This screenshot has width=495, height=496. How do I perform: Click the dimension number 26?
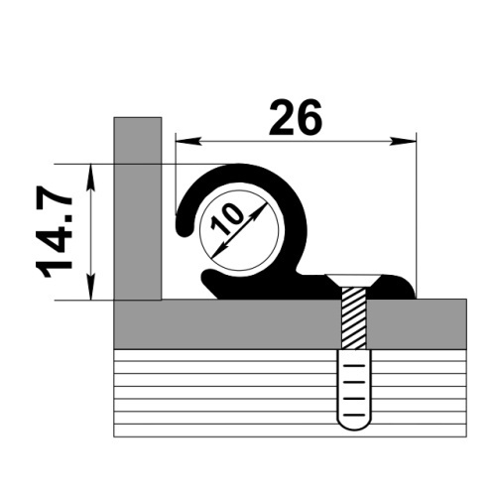[295, 117]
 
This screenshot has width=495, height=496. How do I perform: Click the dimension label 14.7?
[53, 231]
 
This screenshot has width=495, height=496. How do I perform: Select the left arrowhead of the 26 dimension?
[188, 141]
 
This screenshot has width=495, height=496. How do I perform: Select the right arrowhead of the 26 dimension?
[403, 141]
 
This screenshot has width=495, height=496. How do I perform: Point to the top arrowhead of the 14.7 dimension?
[91, 178]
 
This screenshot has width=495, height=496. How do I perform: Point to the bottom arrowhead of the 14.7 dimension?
[91, 287]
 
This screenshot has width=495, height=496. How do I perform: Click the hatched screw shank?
[354, 317]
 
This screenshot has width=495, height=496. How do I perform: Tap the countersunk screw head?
[354, 281]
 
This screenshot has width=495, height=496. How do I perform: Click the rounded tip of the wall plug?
[354, 425]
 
